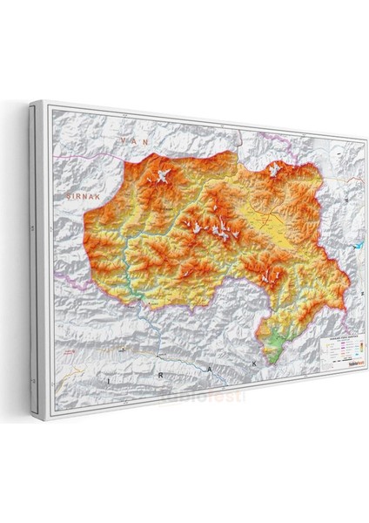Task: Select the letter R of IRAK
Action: (145, 373)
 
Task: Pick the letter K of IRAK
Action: (255, 360)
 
